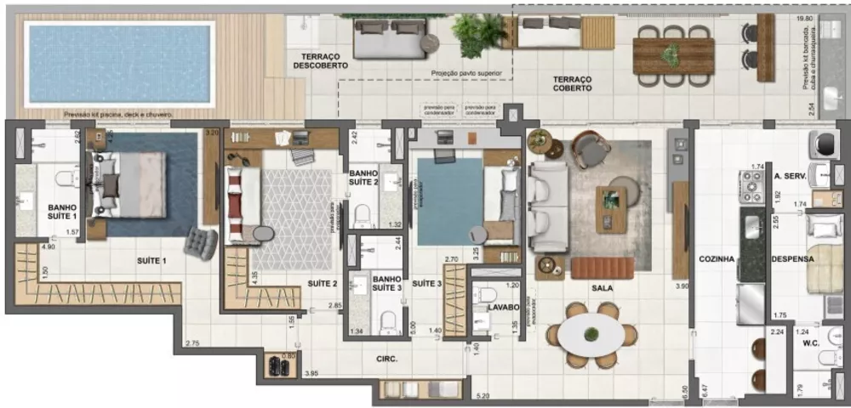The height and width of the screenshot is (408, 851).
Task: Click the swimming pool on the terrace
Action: coord(118,64)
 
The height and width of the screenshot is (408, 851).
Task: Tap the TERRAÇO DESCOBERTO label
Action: coord(315,60)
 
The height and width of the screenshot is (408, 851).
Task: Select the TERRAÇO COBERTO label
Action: coord(572,83)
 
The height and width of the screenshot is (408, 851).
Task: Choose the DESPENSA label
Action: coord(792,260)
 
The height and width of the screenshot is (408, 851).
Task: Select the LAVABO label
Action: coord(503,308)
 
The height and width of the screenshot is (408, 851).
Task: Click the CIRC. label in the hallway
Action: coord(387,360)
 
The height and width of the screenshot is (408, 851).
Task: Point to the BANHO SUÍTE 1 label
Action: coord(62,212)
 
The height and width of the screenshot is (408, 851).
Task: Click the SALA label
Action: coord(603,288)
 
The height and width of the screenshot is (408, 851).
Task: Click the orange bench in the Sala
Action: coord(602,269)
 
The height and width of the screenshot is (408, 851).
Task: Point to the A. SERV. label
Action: coord(790,177)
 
